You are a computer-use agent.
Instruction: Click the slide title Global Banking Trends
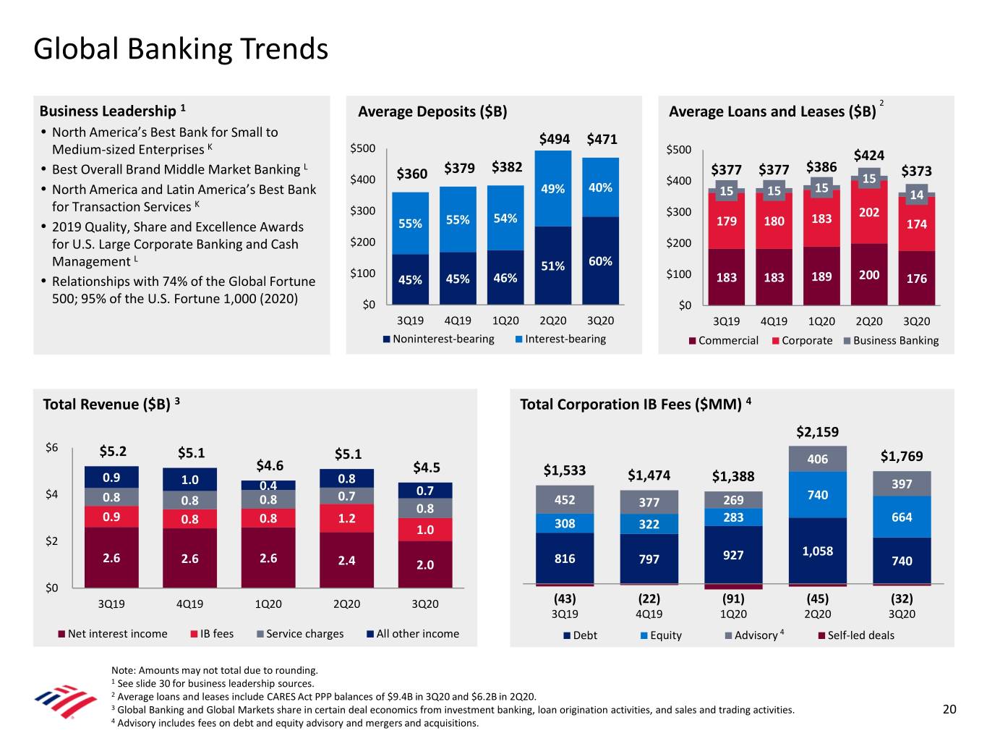click(181, 49)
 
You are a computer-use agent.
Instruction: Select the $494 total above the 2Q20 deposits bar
click(554, 139)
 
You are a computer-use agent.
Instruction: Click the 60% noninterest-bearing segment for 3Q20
click(600, 261)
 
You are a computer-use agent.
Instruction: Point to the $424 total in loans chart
click(868, 155)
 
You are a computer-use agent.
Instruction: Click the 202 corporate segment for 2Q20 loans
click(869, 213)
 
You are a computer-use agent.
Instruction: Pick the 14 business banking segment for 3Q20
click(916, 195)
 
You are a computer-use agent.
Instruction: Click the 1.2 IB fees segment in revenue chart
click(346, 518)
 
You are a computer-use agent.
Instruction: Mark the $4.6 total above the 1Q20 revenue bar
click(270, 465)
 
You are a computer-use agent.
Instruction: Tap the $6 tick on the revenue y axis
click(51, 448)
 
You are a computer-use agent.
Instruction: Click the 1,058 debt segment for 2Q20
click(817, 551)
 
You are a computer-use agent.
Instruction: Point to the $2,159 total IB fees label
click(817, 432)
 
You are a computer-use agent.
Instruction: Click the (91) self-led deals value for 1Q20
click(733, 598)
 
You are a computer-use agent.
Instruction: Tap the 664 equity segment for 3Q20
click(902, 517)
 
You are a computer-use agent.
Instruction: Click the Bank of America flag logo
click(65, 701)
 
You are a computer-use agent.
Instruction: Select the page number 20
click(949, 709)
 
